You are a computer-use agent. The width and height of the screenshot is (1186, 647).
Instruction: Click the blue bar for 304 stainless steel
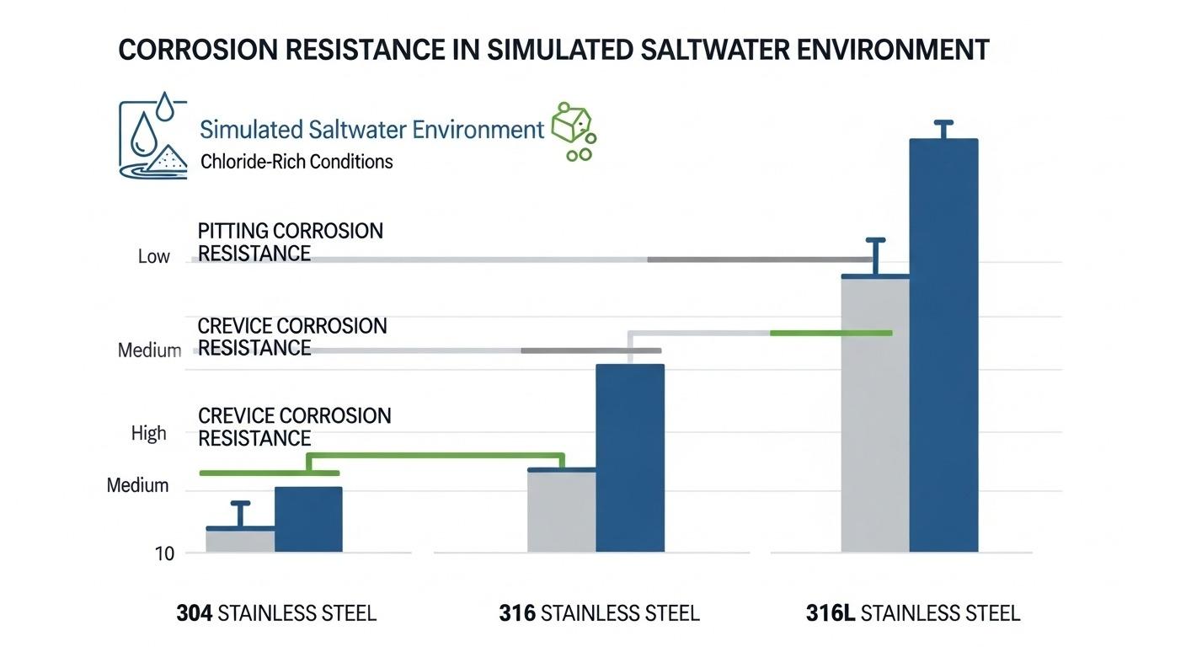[308, 520]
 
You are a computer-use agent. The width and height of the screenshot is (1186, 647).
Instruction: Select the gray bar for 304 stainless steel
[240, 540]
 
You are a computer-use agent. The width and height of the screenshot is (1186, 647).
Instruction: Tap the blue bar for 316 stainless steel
[630, 458]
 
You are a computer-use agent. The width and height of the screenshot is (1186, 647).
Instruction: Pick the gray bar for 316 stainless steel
[562, 511]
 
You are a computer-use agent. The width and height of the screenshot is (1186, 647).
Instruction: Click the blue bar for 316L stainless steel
[943, 345]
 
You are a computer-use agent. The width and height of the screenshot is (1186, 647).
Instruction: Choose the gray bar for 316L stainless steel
[875, 414]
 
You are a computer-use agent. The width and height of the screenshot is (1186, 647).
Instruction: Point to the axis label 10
[164, 553]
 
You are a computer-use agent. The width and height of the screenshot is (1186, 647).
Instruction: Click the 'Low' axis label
[153, 256]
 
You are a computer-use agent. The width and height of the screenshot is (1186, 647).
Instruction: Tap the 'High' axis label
[149, 433]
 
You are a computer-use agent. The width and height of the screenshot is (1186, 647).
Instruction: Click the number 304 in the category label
[195, 613]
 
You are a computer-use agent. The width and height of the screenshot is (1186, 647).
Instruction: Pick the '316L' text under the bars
[831, 613]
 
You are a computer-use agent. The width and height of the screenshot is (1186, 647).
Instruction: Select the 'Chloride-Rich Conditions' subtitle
[296, 162]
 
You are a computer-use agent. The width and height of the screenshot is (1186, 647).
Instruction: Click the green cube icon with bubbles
[574, 131]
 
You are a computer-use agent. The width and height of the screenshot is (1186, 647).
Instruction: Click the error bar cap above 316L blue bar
[943, 123]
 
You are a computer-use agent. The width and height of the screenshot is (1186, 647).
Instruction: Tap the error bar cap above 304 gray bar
[240, 503]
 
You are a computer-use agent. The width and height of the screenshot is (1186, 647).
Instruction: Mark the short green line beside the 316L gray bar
[831, 333]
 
